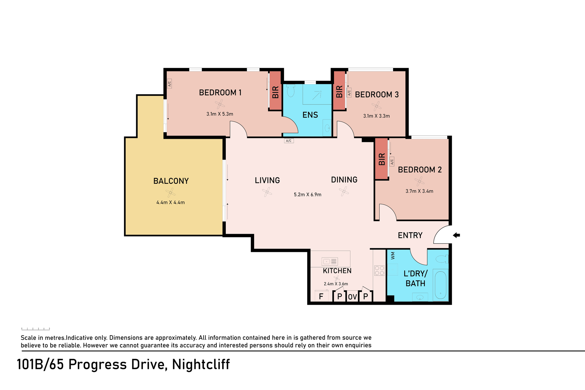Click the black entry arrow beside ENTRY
coord(456,235)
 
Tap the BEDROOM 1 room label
coord(220,93)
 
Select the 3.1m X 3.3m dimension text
coord(376,116)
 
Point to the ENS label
coord(310,115)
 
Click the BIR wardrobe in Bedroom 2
coord(381,159)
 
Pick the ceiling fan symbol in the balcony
coord(170,193)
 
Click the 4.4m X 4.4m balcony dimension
coord(171,203)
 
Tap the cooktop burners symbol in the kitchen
coord(379,271)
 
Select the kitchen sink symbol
coord(330,261)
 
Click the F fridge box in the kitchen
coord(321,296)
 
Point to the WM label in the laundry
coord(393,256)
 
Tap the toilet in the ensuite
coord(291,90)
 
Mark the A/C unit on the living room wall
coord(289,141)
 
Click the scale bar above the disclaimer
coord(35,329)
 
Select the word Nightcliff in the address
coord(201,364)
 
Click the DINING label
coord(344,180)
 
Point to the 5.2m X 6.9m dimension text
coord(307,195)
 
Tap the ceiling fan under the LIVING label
coord(267,192)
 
